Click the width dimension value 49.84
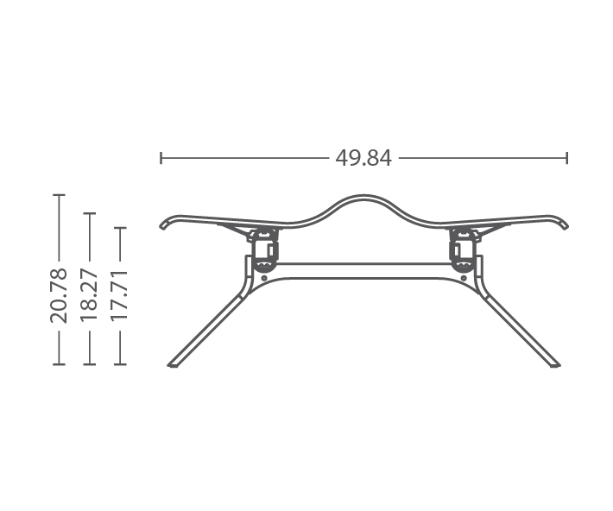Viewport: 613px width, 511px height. (x=363, y=158)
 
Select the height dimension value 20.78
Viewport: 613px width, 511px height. (x=59, y=295)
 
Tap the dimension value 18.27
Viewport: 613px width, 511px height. (x=89, y=295)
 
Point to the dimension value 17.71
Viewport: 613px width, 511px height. (x=120, y=295)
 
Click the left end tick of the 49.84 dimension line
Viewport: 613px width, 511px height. (x=161, y=158)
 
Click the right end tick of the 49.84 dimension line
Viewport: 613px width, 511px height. (x=567, y=158)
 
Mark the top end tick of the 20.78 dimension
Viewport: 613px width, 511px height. (x=59, y=194)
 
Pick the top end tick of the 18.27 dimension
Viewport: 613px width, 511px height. (x=90, y=213)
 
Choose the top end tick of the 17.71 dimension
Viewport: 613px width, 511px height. (x=120, y=228)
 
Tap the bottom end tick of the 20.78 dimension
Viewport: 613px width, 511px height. (x=59, y=364)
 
